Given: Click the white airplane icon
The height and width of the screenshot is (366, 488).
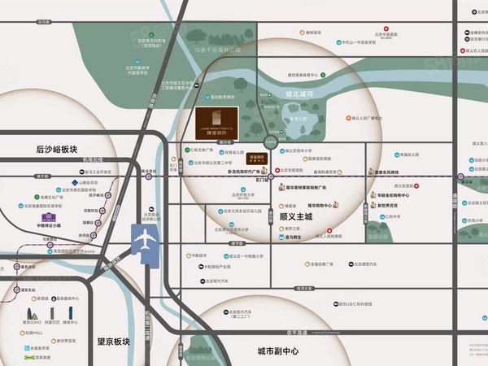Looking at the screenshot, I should (144, 242).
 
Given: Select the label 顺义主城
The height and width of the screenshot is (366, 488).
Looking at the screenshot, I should (298, 218).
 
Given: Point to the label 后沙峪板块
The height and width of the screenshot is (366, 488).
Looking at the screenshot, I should (62, 149).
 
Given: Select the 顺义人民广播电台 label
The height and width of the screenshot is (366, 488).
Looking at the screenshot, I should (367, 117).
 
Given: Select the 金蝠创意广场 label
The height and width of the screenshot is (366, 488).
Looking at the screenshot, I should (313, 264).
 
